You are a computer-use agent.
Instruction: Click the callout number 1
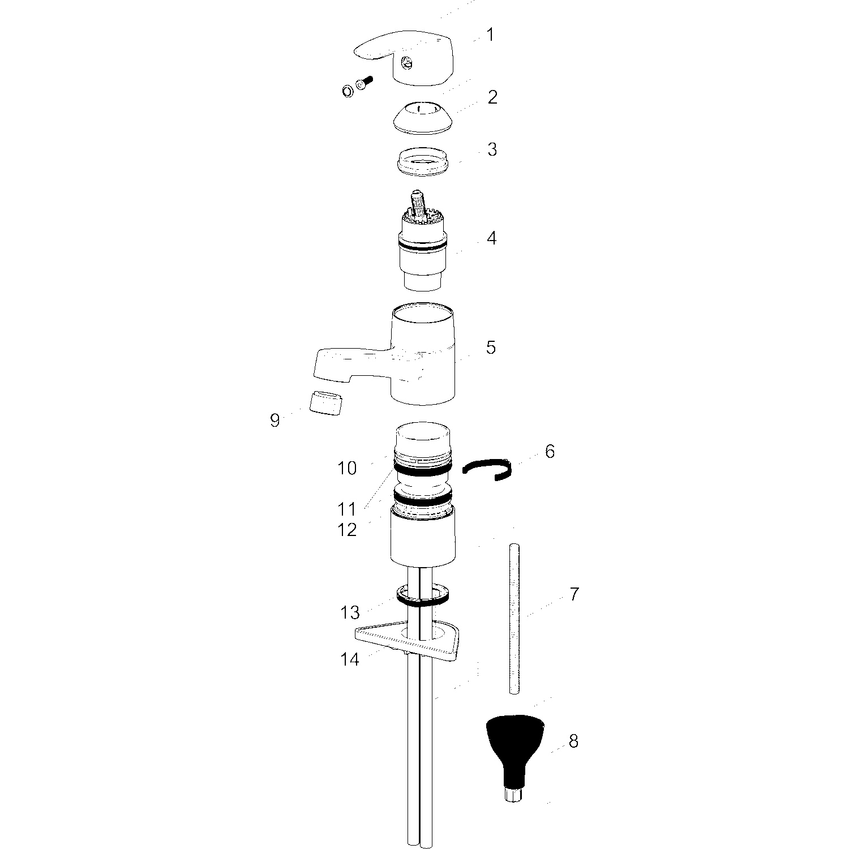(490, 35)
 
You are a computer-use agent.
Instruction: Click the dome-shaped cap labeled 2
(423, 117)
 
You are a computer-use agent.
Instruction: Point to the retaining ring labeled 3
(423, 161)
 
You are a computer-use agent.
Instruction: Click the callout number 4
(491, 238)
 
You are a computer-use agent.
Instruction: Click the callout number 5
(491, 347)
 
